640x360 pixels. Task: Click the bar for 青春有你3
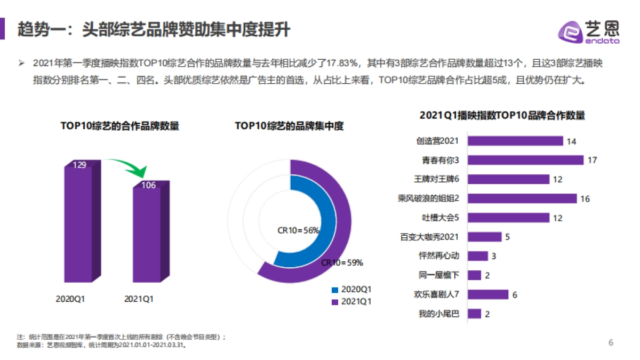click(x=525, y=160)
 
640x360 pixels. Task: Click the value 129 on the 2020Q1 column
click(x=79, y=165)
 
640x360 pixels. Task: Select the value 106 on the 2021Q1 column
click(x=148, y=185)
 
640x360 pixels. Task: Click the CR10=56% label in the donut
click(x=298, y=230)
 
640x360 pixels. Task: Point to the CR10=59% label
click(x=342, y=262)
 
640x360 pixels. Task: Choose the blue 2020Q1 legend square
click(x=335, y=290)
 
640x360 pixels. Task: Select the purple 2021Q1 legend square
click(x=335, y=302)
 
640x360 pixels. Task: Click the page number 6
click(x=611, y=342)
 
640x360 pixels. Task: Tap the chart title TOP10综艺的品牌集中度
click(x=289, y=126)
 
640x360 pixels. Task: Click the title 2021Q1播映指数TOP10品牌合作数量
click(x=502, y=116)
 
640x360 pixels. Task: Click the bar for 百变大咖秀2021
click(x=484, y=237)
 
